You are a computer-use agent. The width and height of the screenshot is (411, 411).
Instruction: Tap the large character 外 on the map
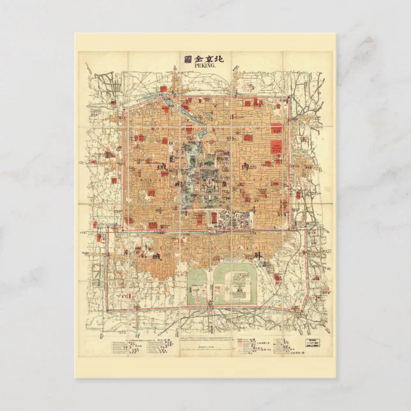click(258, 255)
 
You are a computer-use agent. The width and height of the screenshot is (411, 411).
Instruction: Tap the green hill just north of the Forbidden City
click(208, 151)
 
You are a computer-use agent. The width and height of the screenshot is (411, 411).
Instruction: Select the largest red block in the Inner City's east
click(276, 147)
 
